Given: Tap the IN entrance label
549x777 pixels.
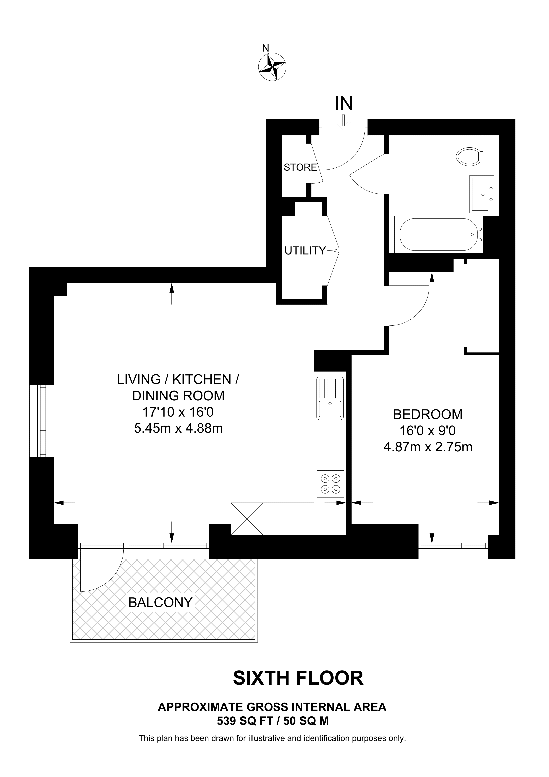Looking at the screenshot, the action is [x=344, y=104].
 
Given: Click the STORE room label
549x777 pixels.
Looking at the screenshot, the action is [x=300, y=167].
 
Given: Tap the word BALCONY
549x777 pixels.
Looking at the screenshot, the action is [x=160, y=602].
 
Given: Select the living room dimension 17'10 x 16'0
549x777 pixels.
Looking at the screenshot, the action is [x=178, y=412].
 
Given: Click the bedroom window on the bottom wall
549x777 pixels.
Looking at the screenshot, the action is [x=453, y=546].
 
